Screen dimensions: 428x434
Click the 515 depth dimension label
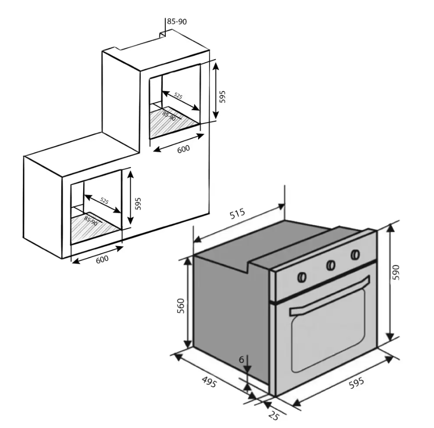[x=238, y=215]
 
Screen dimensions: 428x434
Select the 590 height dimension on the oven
[x=397, y=272]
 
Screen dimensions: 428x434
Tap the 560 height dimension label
[x=181, y=305]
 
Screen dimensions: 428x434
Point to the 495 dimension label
[x=209, y=383]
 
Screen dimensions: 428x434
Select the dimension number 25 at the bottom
[x=273, y=416]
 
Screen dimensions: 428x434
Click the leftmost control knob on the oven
[x=302, y=276]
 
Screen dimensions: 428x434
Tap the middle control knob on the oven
[x=330, y=265]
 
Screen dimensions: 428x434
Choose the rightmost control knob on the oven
[x=355, y=255]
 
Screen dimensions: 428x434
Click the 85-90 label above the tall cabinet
[x=177, y=22]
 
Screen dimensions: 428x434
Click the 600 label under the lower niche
[x=102, y=259]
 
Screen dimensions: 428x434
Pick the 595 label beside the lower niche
[x=138, y=203]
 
